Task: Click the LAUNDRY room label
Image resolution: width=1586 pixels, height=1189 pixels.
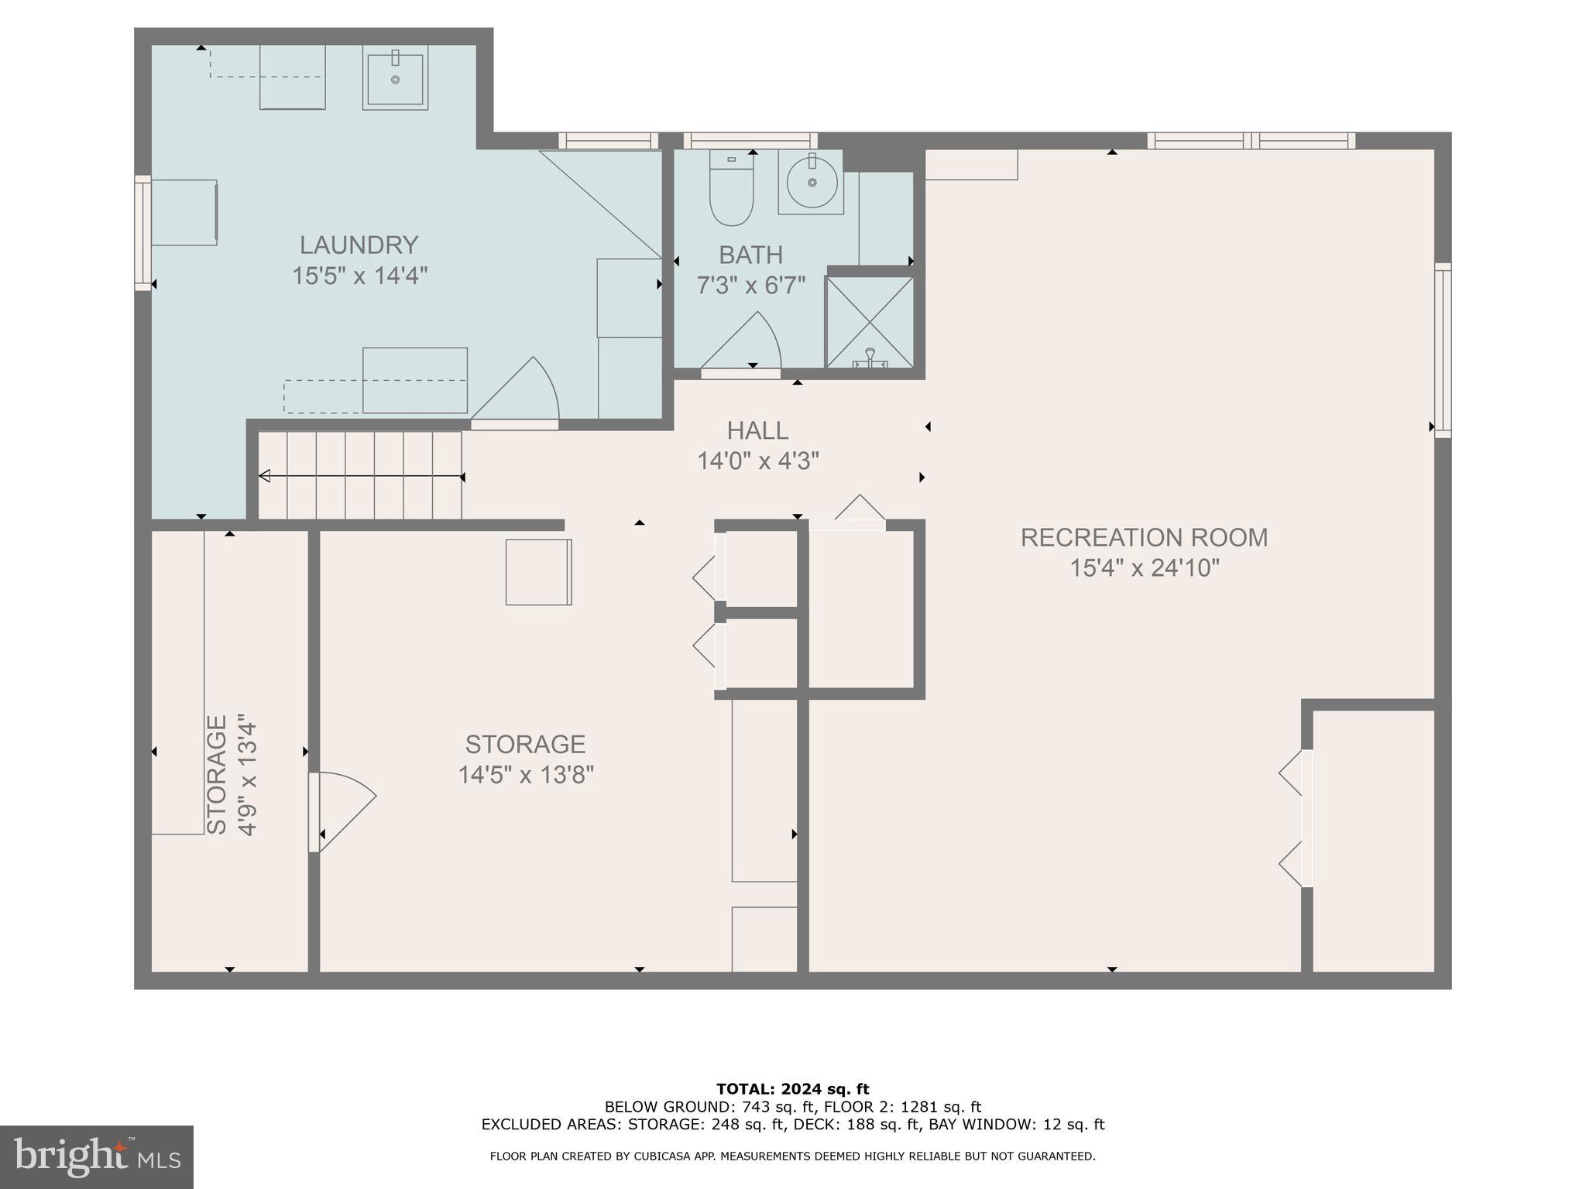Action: point(359,245)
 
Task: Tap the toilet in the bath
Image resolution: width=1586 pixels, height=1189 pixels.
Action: point(731,189)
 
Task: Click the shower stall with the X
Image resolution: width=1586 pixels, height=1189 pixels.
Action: point(870,322)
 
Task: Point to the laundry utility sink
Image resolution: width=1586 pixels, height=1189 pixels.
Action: point(395,77)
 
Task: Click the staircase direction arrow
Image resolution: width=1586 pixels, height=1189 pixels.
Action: point(360,476)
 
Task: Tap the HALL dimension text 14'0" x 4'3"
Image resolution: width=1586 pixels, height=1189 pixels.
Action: point(757,461)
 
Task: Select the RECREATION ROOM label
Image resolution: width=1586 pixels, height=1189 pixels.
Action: point(1144,537)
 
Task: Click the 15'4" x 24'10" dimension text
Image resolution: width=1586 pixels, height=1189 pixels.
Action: point(1144,568)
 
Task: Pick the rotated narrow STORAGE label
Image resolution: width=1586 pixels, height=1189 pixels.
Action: point(218,774)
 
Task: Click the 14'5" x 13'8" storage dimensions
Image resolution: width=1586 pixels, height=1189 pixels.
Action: point(525,775)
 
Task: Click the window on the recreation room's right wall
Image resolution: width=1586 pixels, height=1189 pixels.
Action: point(1442,350)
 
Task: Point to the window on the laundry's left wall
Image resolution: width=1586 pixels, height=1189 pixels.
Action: point(142,232)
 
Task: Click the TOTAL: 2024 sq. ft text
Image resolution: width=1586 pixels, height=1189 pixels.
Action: point(792,1090)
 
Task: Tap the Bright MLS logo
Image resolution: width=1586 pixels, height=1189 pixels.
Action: point(96,1157)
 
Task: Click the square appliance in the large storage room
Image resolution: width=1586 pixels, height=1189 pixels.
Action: point(538,572)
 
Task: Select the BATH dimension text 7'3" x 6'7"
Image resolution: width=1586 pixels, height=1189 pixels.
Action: point(750,286)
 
